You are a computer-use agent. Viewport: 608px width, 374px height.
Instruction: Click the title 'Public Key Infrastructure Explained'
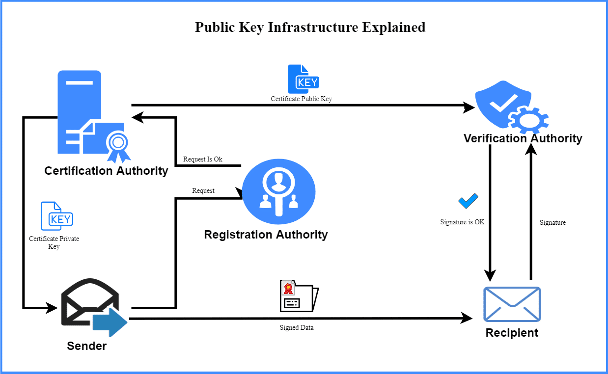coord(310,27)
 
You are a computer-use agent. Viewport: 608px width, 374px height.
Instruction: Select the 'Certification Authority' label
coord(106,171)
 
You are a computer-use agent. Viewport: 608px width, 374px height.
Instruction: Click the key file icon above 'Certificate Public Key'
coord(303,79)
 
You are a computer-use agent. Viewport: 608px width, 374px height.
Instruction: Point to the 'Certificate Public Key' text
coord(301,99)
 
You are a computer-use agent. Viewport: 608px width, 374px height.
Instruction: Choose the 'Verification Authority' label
coord(523,138)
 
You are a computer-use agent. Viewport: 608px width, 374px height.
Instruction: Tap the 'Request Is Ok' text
coord(202,159)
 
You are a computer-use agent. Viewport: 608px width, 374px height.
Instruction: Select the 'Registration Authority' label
coord(266,235)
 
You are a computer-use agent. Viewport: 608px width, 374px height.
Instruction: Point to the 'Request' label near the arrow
coord(203,190)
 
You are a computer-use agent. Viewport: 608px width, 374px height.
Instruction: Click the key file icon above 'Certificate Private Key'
coord(56,216)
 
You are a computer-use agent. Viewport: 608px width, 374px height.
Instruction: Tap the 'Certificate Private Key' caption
coord(54,242)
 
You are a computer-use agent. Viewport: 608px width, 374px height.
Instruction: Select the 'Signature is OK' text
coord(462,222)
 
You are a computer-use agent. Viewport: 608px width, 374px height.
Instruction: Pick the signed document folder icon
coord(299,296)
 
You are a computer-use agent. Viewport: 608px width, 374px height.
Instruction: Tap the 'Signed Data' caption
coord(297,327)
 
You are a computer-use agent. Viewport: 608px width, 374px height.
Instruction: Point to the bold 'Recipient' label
coord(512,333)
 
